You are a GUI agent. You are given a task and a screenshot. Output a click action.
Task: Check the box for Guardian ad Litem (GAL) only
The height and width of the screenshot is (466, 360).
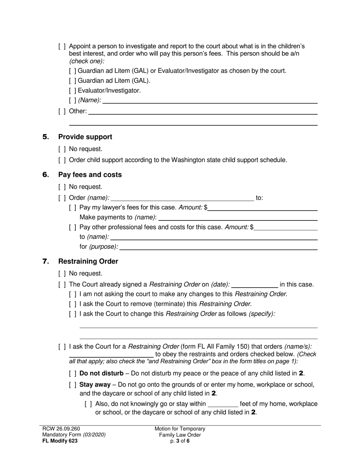pyautogui.click(x=73, y=81)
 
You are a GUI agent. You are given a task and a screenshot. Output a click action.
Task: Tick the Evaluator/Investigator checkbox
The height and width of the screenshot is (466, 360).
pyautogui.click(x=73, y=91)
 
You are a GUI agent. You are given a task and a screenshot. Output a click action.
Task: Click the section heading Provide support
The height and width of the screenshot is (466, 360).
pyautogui.click(x=85, y=137)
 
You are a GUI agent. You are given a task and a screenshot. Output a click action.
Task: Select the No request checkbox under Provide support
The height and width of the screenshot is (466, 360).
pyautogui.click(x=62, y=149)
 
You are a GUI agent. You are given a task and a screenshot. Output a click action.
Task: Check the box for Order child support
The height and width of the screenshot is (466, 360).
pyautogui.click(x=62, y=160)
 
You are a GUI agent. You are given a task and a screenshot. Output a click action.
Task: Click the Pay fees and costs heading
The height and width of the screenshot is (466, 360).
pyautogui.click(x=90, y=175)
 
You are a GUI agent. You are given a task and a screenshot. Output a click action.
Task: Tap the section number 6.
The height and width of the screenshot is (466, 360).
pyautogui.click(x=45, y=175)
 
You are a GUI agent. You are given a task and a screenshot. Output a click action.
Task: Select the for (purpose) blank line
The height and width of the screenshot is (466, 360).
pyautogui.click(x=218, y=247)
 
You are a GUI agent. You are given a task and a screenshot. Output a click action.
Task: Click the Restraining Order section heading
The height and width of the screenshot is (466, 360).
pyautogui.click(x=88, y=261)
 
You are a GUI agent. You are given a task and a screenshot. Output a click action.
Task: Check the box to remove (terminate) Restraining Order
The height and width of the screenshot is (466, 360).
pyautogui.click(x=73, y=304)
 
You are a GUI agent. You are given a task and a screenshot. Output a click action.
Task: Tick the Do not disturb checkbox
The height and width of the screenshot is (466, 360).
pyautogui.click(x=73, y=373)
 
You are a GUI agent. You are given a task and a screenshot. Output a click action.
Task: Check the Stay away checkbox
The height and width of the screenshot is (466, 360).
pyautogui.click(x=73, y=385)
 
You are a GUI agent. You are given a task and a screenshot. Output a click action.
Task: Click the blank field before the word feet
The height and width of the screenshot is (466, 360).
pyautogui.click(x=223, y=404)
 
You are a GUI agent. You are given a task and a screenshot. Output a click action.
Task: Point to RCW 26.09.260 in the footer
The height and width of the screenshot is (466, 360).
pyautogui.click(x=61, y=429)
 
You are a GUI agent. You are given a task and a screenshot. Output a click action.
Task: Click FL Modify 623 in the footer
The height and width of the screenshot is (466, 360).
pyautogui.click(x=60, y=441)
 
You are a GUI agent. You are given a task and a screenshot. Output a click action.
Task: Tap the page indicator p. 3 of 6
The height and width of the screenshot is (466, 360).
pyautogui.click(x=180, y=441)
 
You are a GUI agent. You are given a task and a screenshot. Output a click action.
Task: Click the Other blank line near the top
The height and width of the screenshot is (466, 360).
pyautogui.click(x=203, y=111)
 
